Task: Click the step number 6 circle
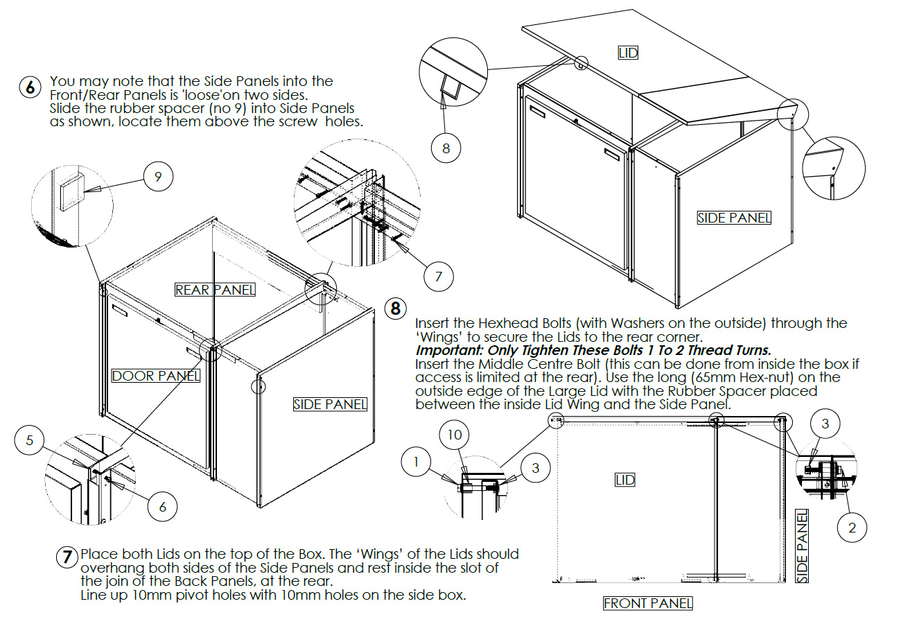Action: (x=30, y=88)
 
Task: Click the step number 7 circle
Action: (x=67, y=556)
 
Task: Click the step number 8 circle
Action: (x=395, y=308)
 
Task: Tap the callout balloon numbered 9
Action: (x=158, y=177)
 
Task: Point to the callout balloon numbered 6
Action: (x=162, y=507)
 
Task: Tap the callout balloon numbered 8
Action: (x=446, y=148)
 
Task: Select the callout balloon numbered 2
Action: (x=852, y=528)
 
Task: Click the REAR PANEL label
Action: (x=215, y=290)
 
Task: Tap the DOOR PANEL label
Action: (x=156, y=376)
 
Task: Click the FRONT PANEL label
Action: (x=647, y=603)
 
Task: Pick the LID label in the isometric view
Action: (x=627, y=53)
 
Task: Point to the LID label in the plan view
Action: (x=625, y=480)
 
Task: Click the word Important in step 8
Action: (x=450, y=350)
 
